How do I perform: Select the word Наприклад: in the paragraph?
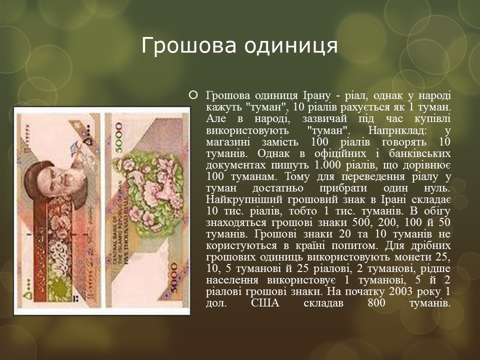click(395, 130)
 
